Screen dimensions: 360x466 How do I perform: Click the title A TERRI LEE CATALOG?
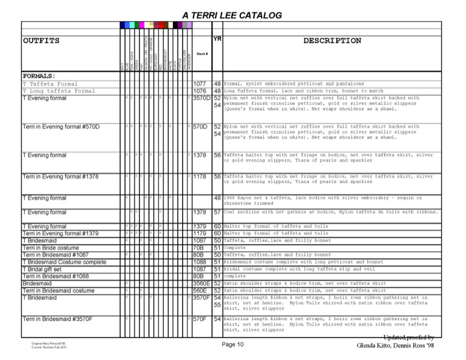[232, 15]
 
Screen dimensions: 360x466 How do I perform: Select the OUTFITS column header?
[41, 41]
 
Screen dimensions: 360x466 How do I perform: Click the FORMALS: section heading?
[39, 76]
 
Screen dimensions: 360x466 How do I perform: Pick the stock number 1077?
[200, 84]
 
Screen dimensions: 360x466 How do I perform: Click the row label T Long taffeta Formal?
[59, 91]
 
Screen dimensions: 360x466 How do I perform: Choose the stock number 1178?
[200, 177]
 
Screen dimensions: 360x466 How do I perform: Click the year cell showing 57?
[217, 212]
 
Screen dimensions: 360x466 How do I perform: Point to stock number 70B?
[198, 248]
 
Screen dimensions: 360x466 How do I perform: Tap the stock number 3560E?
[201, 284]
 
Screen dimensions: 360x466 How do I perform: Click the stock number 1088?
[200, 262]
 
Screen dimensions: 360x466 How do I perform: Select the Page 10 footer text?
[232, 345]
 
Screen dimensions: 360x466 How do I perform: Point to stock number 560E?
[200, 291]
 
